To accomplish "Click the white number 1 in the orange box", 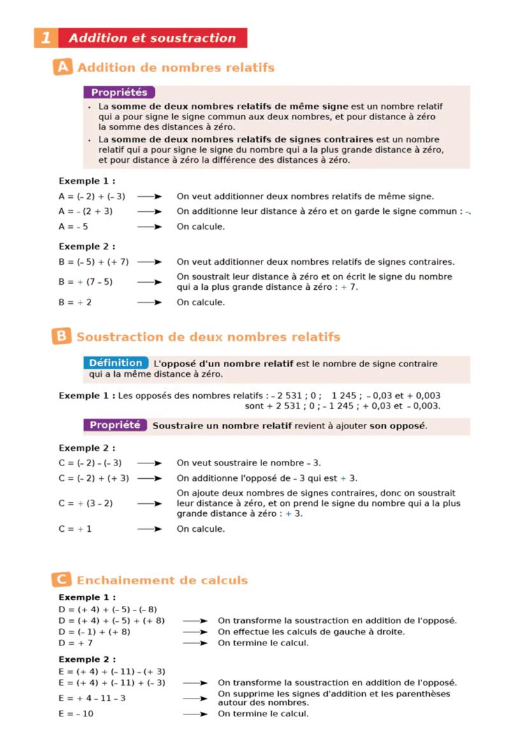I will tap(45, 38).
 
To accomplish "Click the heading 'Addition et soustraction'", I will tap(152, 38).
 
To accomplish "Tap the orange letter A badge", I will tap(62, 67).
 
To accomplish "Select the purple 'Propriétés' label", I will tap(119, 93).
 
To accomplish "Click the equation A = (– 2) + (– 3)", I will tap(92, 197).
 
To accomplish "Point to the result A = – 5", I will tap(73, 227).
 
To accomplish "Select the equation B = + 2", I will tap(75, 303).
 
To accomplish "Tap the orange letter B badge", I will tap(61, 336).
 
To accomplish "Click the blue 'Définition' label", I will tap(115, 363).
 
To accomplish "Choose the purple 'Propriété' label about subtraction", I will tap(115, 425).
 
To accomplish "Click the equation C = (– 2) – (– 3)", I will tap(90, 463).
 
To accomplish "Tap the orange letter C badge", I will tap(61, 580).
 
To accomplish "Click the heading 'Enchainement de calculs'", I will tap(162, 580).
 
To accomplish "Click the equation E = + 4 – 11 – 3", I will tap(92, 698).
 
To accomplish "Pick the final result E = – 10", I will tap(76, 714).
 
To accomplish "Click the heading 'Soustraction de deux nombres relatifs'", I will tap(208, 337).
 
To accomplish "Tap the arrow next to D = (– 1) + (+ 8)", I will tap(195, 632).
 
